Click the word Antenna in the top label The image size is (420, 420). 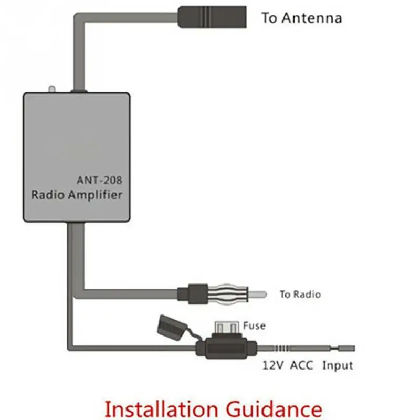pos(312,18)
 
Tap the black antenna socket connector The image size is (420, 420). pos(212,17)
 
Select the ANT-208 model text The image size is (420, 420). pos(99,180)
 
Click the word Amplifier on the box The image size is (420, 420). pos(95,195)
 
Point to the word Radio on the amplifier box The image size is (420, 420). pos(48,195)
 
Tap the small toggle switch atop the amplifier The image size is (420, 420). pos(51,89)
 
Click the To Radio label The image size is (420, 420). pos(300,294)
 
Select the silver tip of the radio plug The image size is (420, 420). pos(257,295)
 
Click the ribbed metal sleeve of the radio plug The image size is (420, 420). pos(228,295)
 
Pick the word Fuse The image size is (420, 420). pos(254,325)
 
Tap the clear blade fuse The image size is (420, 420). pos(227,327)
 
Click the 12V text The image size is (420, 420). pos(272,365)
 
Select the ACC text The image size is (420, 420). pos(301,365)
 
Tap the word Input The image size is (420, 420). pos(338,366)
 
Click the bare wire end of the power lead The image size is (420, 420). pos(346,349)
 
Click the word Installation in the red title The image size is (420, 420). pos(161,409)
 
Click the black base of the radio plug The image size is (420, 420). pos(193,294)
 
